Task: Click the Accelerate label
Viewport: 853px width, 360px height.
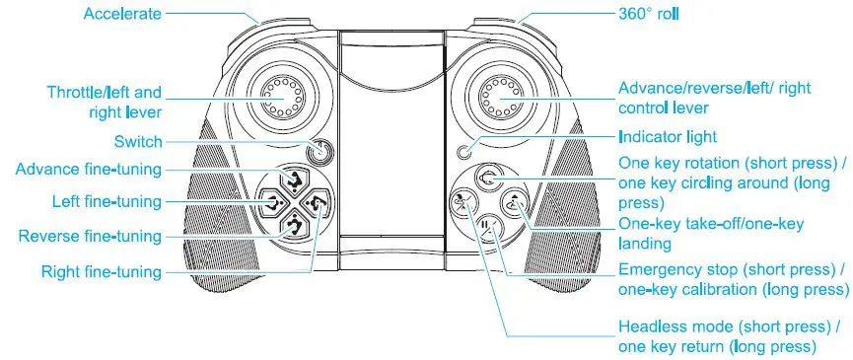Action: click(x=122, y=14)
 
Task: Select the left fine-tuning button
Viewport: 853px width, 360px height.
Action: click(x=270, y=203)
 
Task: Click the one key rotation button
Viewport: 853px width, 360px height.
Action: click(x=488, y=179)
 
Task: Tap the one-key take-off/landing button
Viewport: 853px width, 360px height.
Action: click(x=513, y=202)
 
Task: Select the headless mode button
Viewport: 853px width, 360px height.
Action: click(x=461, y=202)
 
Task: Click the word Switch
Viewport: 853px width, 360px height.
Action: click(x=138, y=142)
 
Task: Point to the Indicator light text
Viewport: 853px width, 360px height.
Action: click(x=668, y=136)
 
